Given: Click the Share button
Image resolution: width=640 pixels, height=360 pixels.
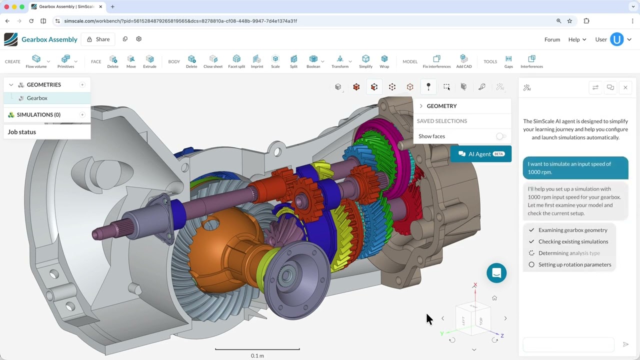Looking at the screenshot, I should (98, 39).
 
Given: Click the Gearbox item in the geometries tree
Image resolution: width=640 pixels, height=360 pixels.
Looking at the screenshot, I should (37, 98).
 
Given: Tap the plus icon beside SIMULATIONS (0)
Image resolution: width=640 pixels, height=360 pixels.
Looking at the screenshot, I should (82, 115).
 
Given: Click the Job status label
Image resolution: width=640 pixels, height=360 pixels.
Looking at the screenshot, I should (22, 132).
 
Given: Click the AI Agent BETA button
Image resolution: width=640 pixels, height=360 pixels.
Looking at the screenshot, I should (480, 154).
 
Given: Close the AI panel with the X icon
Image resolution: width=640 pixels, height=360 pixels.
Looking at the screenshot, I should (625, 87).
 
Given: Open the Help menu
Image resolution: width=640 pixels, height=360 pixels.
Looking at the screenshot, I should (577, 39).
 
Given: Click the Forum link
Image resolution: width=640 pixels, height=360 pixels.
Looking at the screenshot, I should (552, 39).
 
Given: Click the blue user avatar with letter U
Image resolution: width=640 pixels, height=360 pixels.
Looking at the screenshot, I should (617, 39).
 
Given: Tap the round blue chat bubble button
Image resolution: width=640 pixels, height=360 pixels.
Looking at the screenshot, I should (496, 273).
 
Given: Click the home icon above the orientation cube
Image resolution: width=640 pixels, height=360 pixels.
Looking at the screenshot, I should (494, 298).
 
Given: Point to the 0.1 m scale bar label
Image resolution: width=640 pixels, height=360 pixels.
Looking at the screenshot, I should (257, 355).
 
